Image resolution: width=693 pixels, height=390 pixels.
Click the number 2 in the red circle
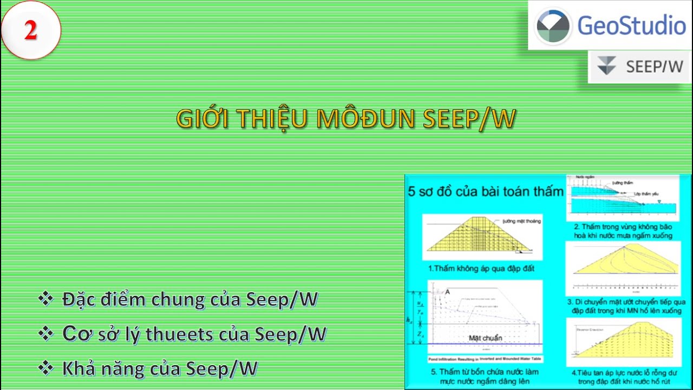click(x=30, y=30)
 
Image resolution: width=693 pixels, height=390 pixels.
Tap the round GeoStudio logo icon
click(x=553, y=25)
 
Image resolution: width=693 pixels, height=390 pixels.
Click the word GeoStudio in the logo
click(x=631, y=25)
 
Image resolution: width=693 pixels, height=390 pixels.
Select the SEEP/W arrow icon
click(x=607, y=66)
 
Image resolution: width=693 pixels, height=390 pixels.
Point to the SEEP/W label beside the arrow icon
click(x=654, y=67)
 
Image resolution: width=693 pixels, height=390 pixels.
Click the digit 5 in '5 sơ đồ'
click(x=412, y=192)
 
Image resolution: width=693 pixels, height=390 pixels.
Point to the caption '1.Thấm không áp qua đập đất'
click(x=483, y=268)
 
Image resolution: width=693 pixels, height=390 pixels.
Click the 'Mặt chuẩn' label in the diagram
click(x=485, y=338)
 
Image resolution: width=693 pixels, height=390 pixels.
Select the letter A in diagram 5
click(x=448, y=292)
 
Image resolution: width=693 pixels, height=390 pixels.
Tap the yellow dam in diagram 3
click(x=623, y=263)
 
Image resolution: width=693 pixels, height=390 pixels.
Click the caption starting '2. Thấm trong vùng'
click(x=623, y=231)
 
